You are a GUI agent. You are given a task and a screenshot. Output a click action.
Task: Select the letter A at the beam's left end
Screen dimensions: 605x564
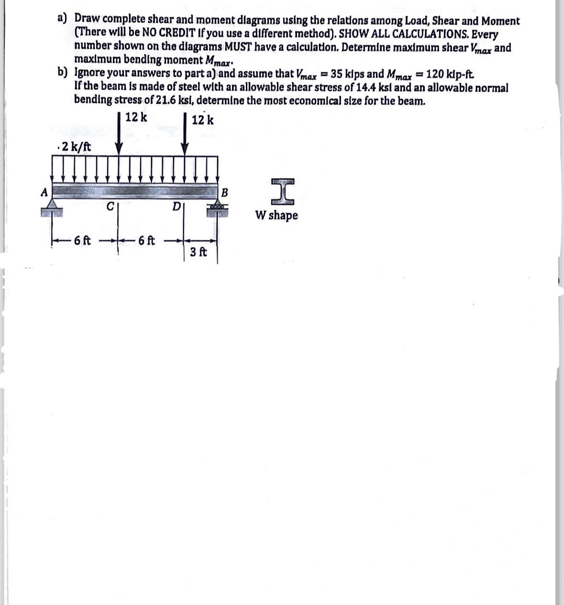tap(44, 192)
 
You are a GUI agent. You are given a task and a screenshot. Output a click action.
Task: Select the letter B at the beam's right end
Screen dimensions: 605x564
tap(225, 193)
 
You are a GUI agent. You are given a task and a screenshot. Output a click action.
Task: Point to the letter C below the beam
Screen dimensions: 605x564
tap(110, 207)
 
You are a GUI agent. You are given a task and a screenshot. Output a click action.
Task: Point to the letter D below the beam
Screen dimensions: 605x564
tap(176, 207)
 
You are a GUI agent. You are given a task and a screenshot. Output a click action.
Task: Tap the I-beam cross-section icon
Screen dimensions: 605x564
tap(282, 192)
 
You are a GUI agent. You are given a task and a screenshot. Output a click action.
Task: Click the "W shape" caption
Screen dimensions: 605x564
tap(276, 216)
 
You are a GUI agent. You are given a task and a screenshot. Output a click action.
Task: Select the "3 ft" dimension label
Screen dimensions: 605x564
tap(198, 251)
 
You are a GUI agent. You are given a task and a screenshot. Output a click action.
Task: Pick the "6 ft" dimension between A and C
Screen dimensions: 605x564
tap(83, 240)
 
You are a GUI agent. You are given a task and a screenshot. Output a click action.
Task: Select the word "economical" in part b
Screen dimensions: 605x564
tap(322, 100)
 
